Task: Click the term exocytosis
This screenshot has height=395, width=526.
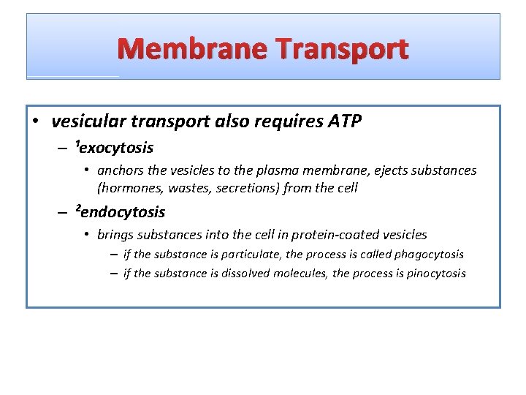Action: pyautogui.click(x=117, y=148)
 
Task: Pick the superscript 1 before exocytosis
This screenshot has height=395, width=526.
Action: pyautogui.click(x=77, y=144)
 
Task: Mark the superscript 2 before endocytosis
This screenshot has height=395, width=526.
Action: pyautogui.click(x=77, y=209)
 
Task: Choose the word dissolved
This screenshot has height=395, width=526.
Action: pyautogui.click(x=244, y=274)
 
